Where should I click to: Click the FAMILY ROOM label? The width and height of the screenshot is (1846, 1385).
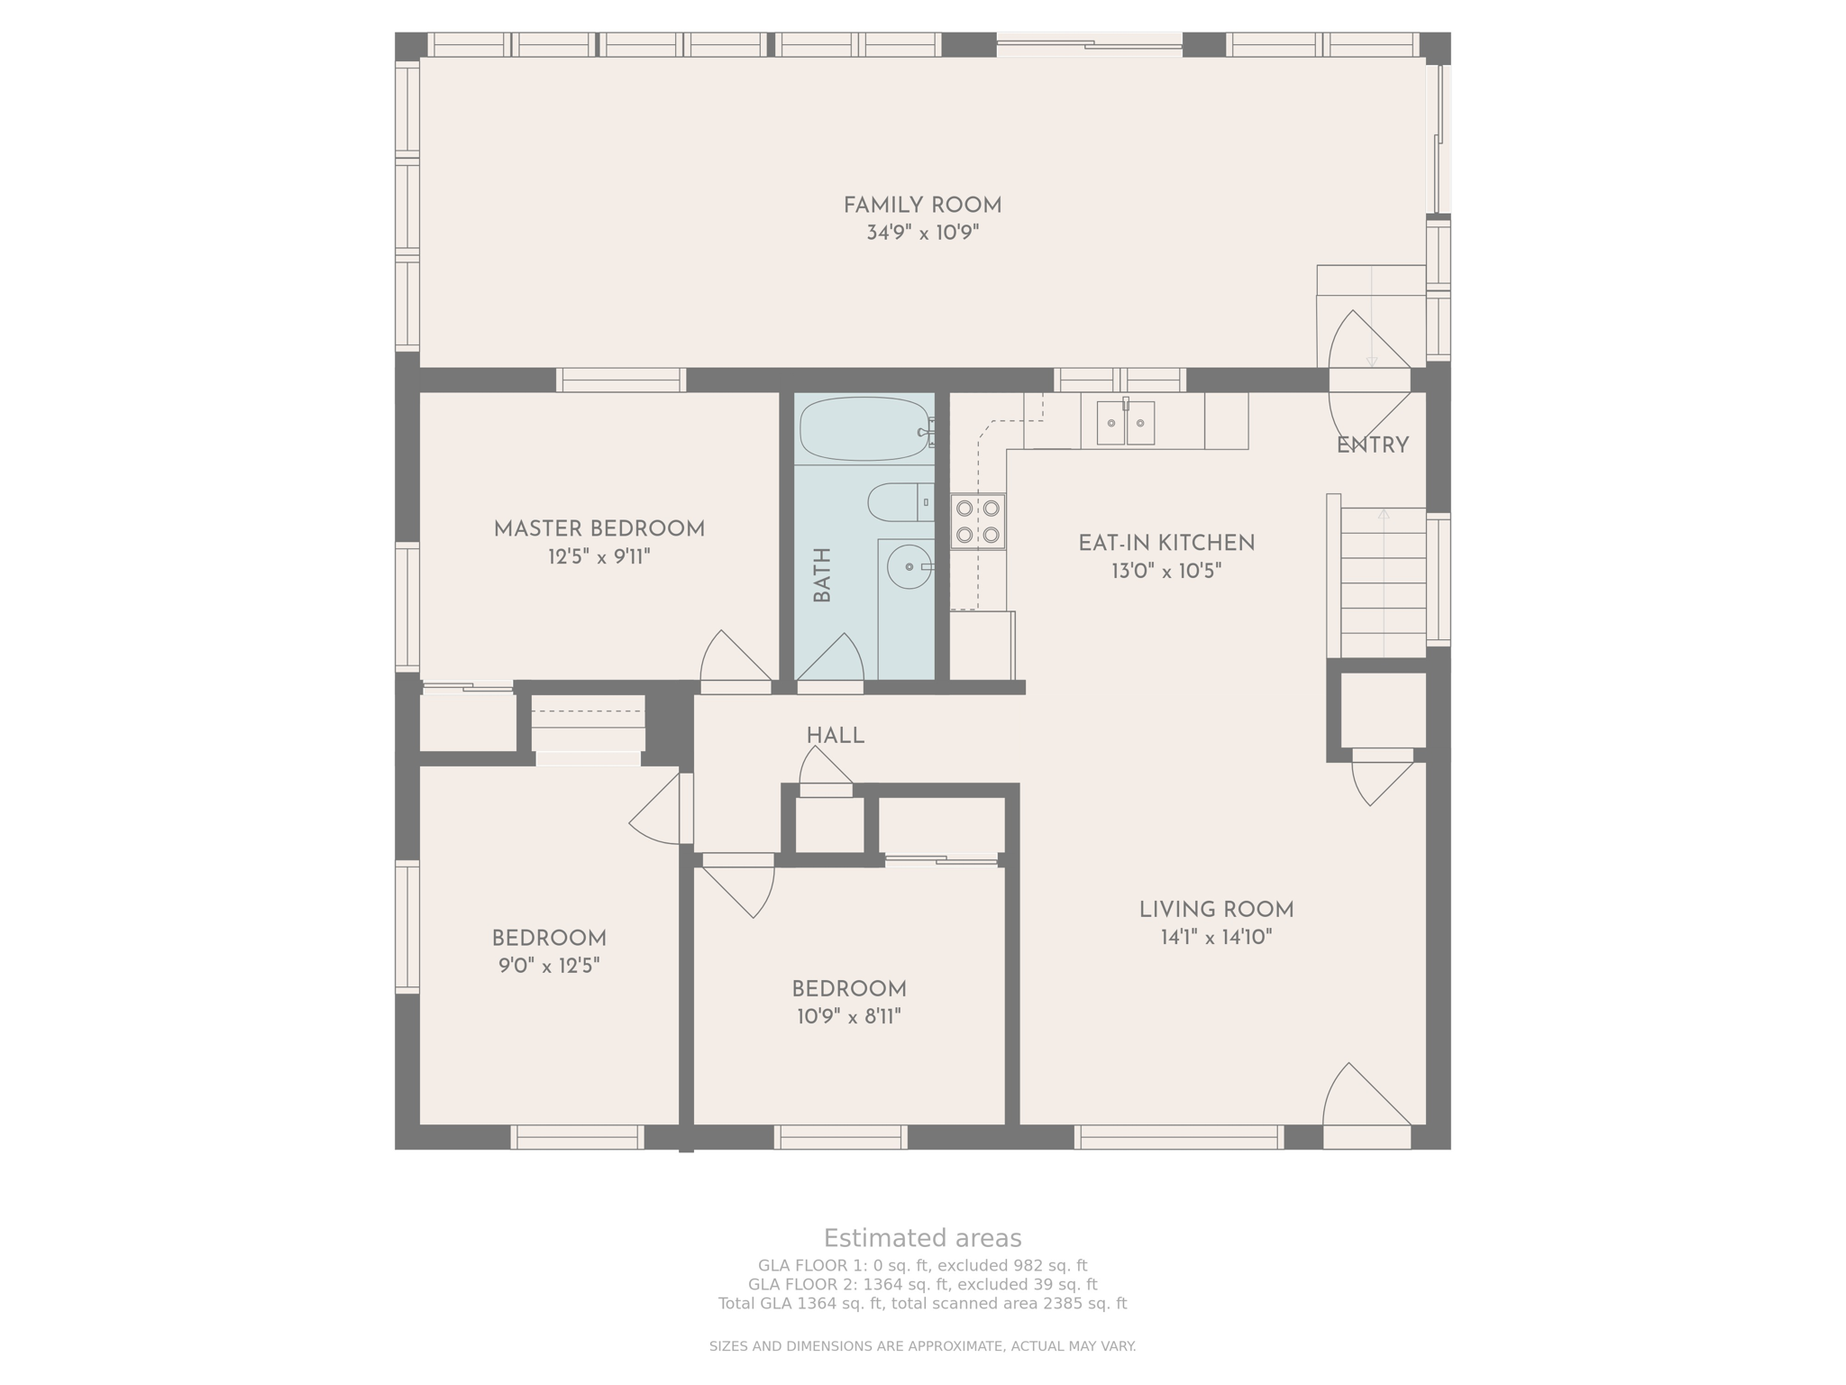(x=922, y=206)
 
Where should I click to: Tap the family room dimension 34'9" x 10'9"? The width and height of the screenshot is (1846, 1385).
(x=922, y=233)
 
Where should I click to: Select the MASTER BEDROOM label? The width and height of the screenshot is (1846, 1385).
(x=599, y=529)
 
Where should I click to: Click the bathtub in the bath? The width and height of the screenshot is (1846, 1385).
(x=865, y=429)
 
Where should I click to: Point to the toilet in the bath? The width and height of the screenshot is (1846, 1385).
(x=900, y=502)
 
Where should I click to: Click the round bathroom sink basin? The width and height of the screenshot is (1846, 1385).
(x=909, y=567)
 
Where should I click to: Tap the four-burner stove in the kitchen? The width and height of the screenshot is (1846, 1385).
(x=978, y=521)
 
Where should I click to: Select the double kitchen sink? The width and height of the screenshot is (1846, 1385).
(x=1126, y=423)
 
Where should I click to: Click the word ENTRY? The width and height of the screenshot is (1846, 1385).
(x=1372, y=445)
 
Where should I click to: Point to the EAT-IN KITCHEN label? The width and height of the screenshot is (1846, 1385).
(x=1166, y=544)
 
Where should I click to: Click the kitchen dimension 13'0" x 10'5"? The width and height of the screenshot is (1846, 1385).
(x=1166, y=571)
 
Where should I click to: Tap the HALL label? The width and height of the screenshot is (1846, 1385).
(x=836, y=736)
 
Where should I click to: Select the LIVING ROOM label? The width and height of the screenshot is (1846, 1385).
(x=1216, y=910)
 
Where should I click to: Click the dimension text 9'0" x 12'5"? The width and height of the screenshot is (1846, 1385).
(x=549, y=966)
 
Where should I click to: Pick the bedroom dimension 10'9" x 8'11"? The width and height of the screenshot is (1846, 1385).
(x=849, y=1017)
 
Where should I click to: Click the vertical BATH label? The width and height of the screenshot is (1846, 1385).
(x=822, y=575)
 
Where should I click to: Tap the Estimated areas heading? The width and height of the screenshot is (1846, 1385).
(x=922, y=1238)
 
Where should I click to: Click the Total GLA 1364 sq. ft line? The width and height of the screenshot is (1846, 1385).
(x=922, y=1304)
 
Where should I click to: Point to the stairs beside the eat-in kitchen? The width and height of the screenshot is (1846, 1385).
(x=1384, y=582)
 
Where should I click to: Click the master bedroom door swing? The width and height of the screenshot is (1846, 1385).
(x=736, y=658)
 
